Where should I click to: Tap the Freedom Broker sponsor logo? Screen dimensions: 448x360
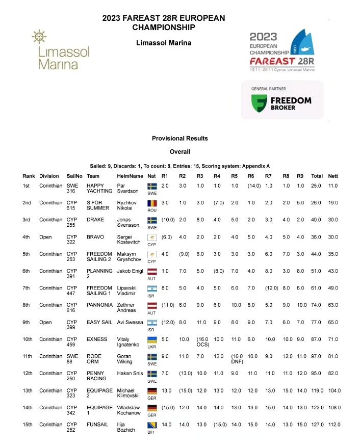[x=282, y=100]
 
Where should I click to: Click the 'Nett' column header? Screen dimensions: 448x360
[x=333, y=176]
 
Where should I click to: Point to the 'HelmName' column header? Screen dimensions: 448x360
[x=130, y=176]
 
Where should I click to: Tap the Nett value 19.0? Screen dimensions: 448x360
[x=333, y=203]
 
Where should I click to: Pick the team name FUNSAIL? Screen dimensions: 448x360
[x=97, y=425]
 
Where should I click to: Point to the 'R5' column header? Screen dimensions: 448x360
[x=234, y=176]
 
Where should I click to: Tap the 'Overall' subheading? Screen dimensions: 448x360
[x=179, y=151]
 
